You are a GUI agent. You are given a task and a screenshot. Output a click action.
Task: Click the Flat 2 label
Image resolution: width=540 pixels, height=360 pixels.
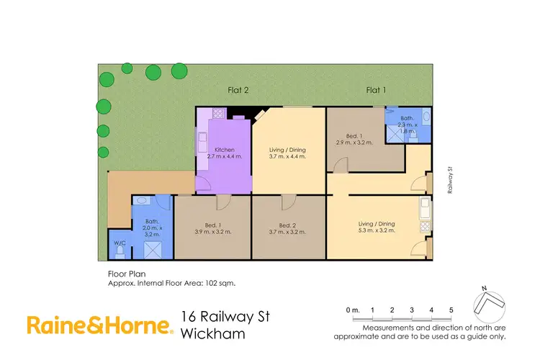pos(238,90)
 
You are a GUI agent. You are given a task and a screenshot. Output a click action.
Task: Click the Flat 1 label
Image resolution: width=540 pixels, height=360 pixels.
pos(376,90)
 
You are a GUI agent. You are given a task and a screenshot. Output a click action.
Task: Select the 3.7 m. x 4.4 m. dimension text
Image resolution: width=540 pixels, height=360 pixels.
pos(288,156)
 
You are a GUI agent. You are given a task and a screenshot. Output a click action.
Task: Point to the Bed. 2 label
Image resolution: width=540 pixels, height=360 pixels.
pos(288,224)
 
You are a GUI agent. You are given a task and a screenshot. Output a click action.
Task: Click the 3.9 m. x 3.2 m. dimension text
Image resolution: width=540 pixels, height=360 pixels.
pos(213,231)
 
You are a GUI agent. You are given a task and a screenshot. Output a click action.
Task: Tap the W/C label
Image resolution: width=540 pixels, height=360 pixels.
pos(120,243)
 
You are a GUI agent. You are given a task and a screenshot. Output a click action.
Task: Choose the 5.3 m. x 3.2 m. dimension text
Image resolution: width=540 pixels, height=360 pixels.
pos(377,231)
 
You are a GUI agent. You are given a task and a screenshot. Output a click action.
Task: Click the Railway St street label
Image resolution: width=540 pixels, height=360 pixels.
pos(450,180)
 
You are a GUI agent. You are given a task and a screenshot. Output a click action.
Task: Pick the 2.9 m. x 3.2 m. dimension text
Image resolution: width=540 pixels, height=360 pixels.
pos(355,143)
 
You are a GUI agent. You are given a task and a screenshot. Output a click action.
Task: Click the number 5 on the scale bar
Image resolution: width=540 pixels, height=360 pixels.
pos(451,310)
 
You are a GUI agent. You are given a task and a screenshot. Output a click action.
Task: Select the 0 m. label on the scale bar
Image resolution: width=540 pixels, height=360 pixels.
pos(352,310)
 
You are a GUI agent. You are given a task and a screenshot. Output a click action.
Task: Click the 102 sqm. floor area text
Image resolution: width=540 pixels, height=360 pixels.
pos(219,283)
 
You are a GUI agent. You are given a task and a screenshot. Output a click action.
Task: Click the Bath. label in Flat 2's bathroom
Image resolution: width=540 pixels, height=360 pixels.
pos(151,221)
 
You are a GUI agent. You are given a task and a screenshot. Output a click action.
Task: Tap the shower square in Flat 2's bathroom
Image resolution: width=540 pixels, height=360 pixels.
pos(153,249)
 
